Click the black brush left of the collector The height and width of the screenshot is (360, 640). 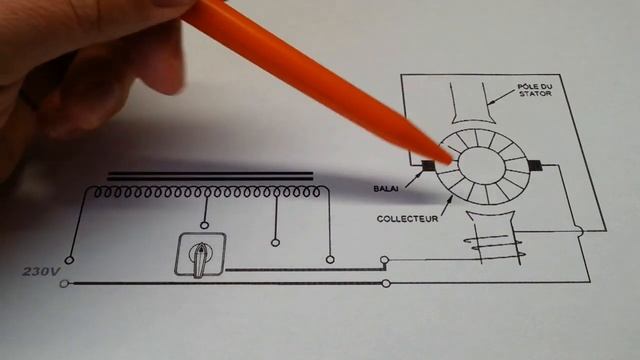click(427, 166)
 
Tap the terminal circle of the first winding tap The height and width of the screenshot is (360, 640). click(205, 227)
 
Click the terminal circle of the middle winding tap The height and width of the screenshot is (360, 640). click(275, 241)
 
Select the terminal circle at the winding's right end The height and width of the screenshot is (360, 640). click(330, 258)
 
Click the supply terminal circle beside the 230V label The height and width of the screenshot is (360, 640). click(66, 283)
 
